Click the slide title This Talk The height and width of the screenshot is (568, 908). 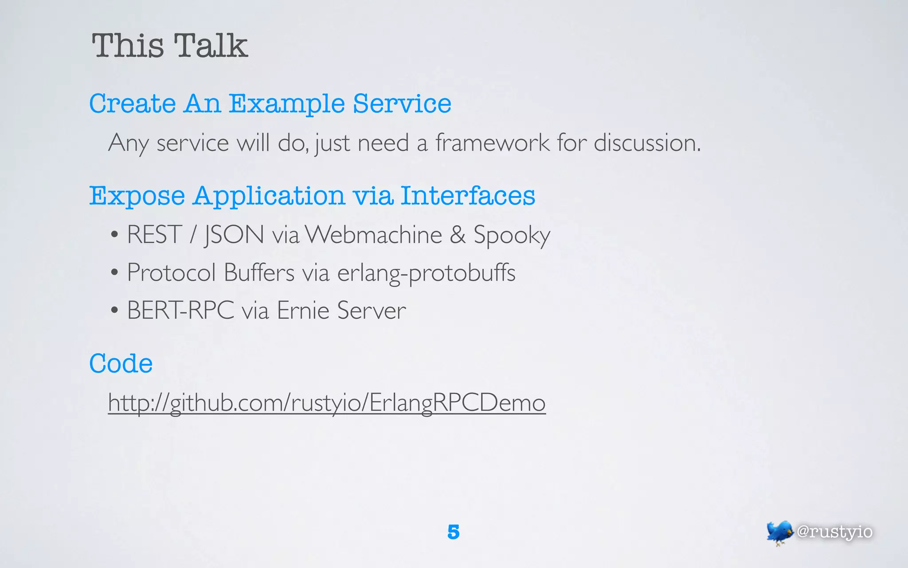pyautogui.click(x=169, y=46)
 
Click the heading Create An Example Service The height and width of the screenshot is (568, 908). pyautogui.click(x=270, y=104)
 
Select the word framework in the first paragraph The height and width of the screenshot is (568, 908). pyautogui.click(x=492, y=143)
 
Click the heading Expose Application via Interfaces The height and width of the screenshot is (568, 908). pyautogui.click(x=312, y=196)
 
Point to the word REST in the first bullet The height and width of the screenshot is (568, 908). pyautogui.click(x=154, y=234)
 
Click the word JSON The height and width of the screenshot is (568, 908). pyautogui.click(x=234, y=234)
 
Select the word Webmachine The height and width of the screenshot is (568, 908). pyautogui.click(x=374, y=234)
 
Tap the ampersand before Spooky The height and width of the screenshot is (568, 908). pyautogui.click(x=458, y=234)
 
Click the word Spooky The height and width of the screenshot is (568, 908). pyautogui.click(x=512, y=235)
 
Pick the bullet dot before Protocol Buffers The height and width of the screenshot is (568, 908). pyautogui.click(x=114, y=272)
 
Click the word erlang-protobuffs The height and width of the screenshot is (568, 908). pyautogui.click(x=426, y=273)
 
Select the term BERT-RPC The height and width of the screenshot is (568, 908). pyautogui.click(x=180, y=310)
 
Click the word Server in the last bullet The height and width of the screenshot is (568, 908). pyautogui.click(x=372, y=310)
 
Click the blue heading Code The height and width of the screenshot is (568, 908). pyautogui.click(x=121, y=363)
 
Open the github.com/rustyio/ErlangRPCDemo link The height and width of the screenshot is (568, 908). pyautogui.click(x=327, y=403)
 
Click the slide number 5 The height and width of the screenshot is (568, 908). pyautogui.click(x=453, y=532)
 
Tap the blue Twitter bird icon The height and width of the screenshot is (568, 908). pyautogui.click(x=779, y=532)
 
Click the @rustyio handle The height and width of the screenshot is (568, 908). pyautogui.click(x=834, y=532)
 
